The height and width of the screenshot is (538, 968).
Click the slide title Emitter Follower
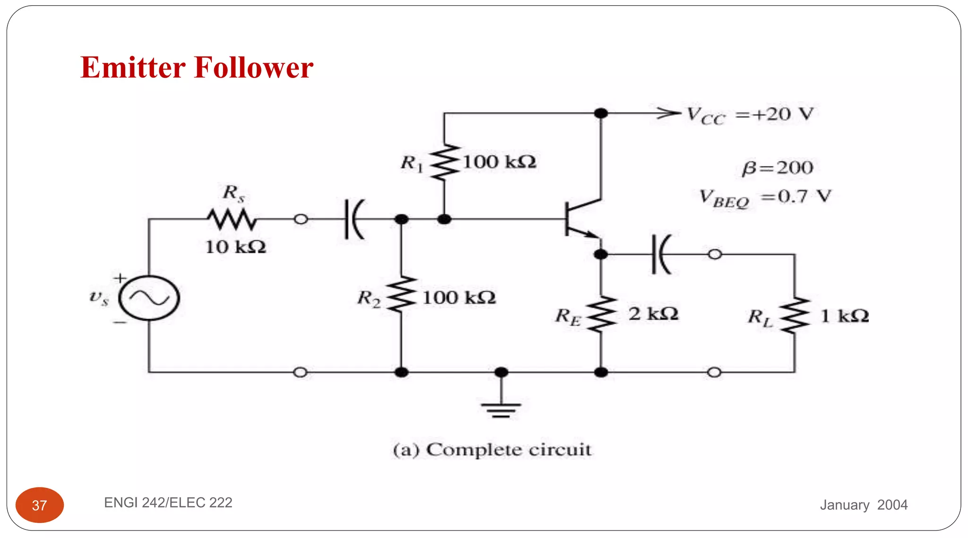click(x=197, y=68)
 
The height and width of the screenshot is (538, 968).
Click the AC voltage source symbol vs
click(x=149, y=298)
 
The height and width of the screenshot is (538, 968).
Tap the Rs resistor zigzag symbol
click(x=232, y=219)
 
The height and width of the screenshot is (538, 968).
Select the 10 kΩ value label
click(x=235, y=247)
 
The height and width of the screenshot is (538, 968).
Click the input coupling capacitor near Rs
click(x=354, y=219)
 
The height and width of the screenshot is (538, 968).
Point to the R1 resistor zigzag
click(x=444, y=162)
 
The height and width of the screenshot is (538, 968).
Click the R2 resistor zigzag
click(x=401, y=294)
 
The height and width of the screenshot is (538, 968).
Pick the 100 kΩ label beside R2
click(x=459, y=298)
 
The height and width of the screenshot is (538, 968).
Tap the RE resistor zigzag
click(x=601, y=314)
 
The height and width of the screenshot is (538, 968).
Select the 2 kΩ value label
click(x=653, y=314)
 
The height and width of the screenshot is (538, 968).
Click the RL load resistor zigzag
click(x=795, y=315)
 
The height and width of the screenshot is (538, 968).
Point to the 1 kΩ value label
click(x=844, y=316)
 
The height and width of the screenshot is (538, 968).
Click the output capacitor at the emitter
click(x=660, y=255)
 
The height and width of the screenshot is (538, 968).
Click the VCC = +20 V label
click(x=750, y=115)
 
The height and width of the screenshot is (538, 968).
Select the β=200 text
click(x=777, y=168)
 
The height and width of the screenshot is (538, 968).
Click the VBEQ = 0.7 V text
click(x=765, y=198)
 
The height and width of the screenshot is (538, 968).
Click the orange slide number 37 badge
click(x=40, y=505)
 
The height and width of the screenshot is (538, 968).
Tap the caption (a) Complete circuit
click(x=492, y=450)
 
